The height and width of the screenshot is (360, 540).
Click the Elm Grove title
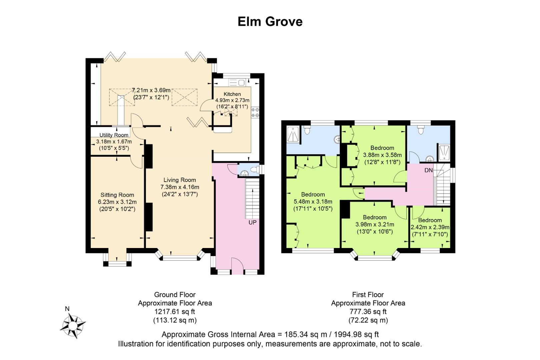coord(270,22)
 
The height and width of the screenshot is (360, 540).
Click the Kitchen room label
coord(232,94)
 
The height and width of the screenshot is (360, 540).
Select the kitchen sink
coord(237,83)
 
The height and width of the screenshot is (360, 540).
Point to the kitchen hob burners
coord(255,113)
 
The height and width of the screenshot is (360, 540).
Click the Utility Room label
coord(114,135)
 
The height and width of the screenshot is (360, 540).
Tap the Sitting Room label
coord(117,195)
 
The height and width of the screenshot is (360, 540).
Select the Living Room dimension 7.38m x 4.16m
coord(180,187)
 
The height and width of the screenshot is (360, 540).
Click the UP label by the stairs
coord(252,222)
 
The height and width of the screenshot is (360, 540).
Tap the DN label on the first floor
coord(429,170)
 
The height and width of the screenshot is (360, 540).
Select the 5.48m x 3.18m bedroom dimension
coord(313,202)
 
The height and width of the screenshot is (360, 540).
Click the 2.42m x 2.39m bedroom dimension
coord(430,227)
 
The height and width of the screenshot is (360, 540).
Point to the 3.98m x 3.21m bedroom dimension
coord(375,224)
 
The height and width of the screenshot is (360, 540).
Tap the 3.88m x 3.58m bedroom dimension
coord(382,155)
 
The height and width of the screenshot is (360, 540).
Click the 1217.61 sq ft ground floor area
coord(175,312)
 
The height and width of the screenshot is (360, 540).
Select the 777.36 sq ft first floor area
coord(368,312)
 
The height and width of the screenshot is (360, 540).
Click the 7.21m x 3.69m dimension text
coord(151,90)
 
